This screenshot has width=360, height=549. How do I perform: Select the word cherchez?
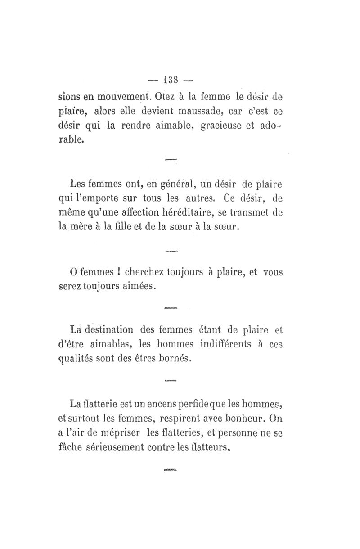pos(143,272)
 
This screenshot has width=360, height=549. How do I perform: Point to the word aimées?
pos(136,287)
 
